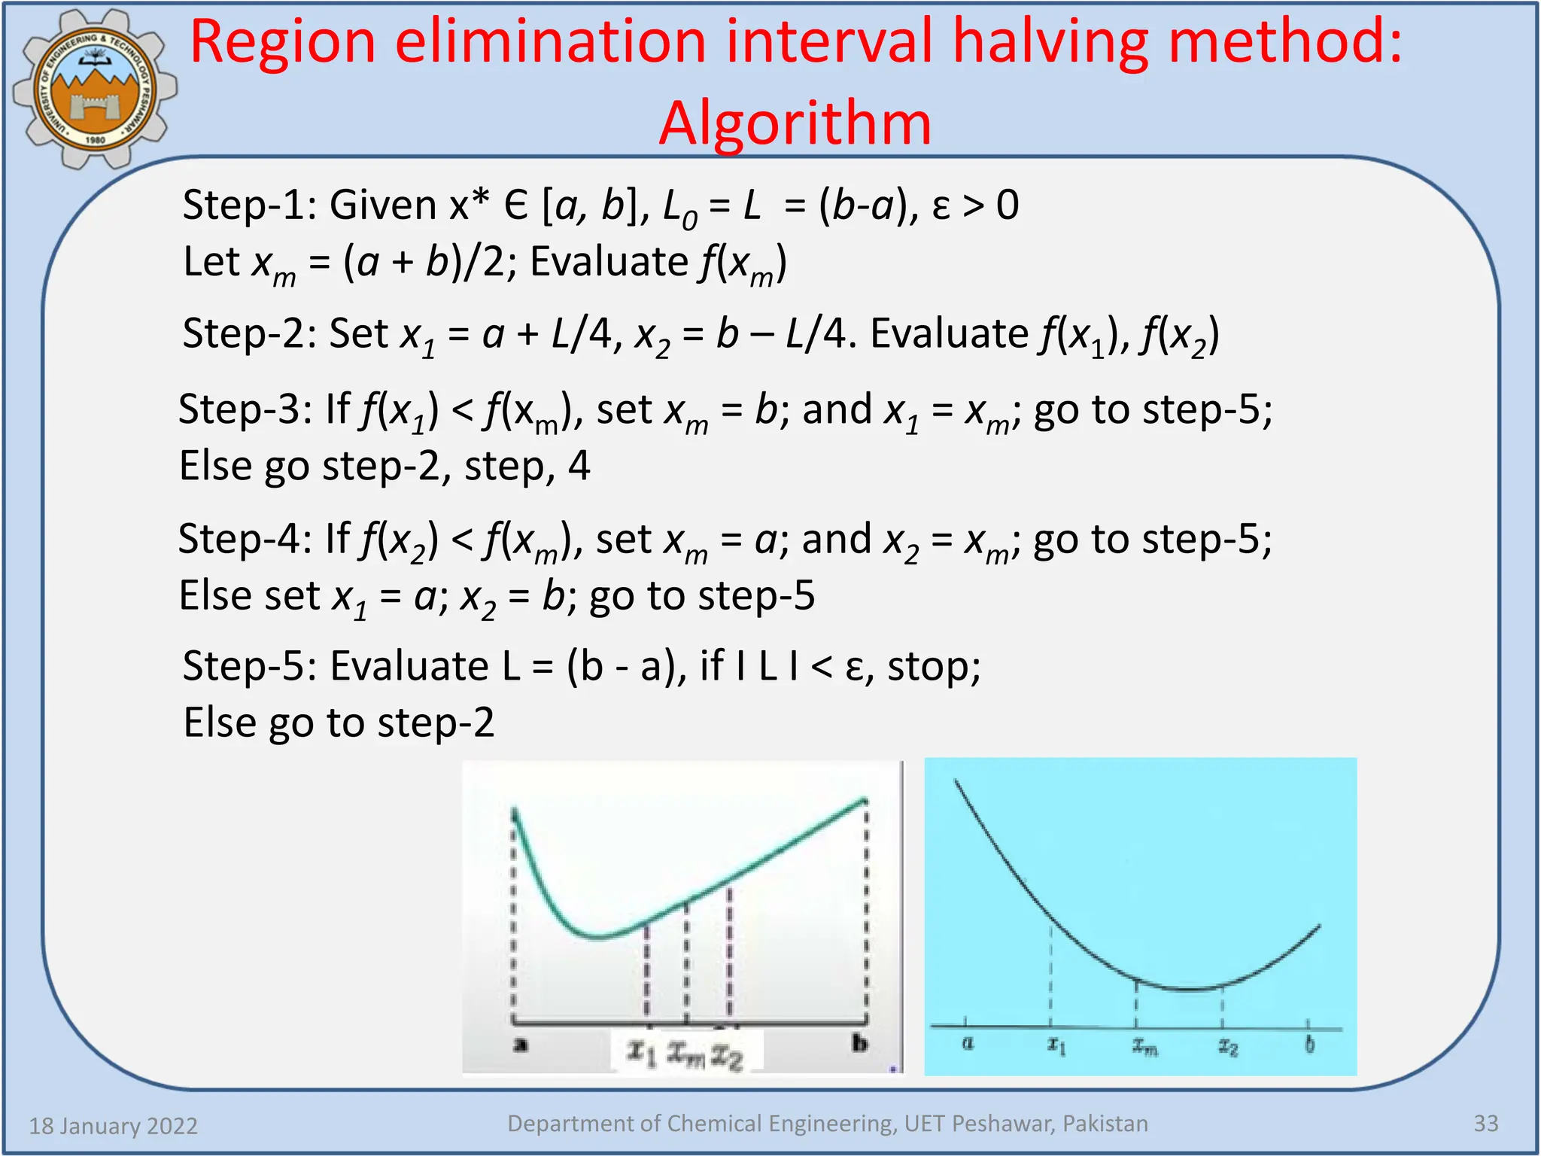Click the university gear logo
[x=94, y=89]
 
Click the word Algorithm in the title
[x=795, y=123]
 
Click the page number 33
[x=1485, y=1124]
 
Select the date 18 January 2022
[x=113, y=1126]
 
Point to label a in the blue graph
[x=968, y=1044]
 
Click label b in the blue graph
[x=1309, y=1045]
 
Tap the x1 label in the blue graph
[x=1056, y=1045]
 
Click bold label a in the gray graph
[x=520, y=1045]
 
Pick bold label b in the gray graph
[x=859, y=1043]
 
